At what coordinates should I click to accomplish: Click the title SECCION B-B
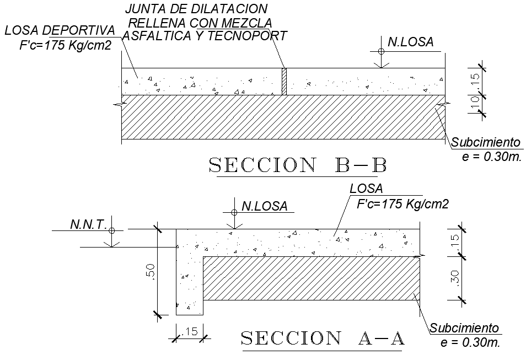click(297, 165)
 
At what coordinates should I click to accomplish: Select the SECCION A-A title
click(323, 338)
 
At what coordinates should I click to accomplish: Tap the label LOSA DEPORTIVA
click(60, 30)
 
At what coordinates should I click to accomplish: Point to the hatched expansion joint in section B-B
click(285, 82)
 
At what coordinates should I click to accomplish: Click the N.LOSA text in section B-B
click(411, 41)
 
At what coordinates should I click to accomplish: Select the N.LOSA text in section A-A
click(265, 206)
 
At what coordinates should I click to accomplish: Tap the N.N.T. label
click(88, 224)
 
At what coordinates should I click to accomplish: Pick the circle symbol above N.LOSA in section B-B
click(381, 51)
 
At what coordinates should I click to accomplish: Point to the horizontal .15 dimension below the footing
click(190, 331)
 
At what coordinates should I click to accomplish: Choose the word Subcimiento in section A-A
click(464, 329)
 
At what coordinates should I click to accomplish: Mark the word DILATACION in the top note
click(218, 9)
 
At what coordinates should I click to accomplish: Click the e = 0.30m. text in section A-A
click(470, 342)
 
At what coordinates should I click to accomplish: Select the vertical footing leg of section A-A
click(189, 281)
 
